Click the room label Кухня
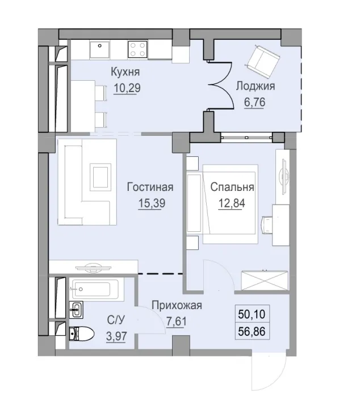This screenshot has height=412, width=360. (125, 72)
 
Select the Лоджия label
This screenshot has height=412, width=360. (255, 86)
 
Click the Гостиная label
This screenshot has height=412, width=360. (150, 187)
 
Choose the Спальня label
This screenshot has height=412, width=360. (232, 187)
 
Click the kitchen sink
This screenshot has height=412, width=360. (102, 48)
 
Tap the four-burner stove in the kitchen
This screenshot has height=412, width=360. (138, 48)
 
